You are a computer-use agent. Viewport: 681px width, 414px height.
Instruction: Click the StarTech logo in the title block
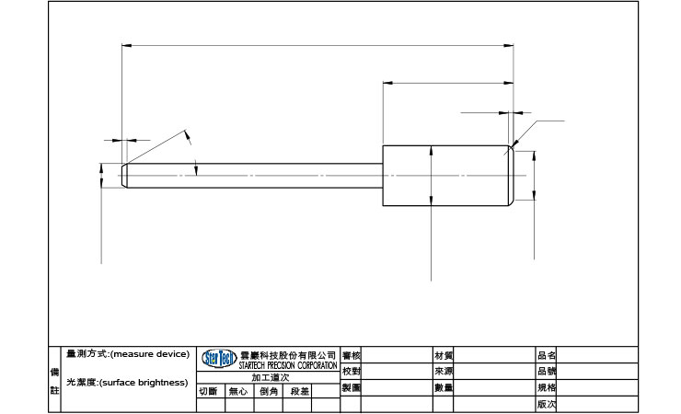[219, 358]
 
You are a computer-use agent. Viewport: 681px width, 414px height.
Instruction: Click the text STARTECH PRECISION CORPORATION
[288, 366]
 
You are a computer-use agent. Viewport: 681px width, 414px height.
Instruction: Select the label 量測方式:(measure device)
[127, 354]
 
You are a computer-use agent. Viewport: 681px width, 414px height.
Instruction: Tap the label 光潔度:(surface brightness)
[127, 382]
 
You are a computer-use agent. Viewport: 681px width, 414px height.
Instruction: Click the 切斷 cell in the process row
[209, 391]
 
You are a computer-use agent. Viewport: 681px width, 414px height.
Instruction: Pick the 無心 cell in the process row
[238, 391]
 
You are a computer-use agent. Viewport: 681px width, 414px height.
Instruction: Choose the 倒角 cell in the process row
[269, 391]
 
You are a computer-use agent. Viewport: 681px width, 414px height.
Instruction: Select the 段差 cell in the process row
[300, 391]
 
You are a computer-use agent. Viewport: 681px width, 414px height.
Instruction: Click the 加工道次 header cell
[269, 378]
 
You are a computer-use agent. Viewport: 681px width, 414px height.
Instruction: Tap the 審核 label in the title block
[351, 355]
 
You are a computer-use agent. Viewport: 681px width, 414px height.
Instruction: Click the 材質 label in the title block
[443, 355]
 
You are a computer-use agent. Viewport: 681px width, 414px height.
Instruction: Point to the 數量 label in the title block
[443, 387]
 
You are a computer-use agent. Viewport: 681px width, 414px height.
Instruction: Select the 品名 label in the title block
[546, 355]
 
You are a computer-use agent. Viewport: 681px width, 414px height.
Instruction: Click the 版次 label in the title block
[546, 404]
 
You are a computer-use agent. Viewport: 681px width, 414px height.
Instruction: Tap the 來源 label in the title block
[443, 371]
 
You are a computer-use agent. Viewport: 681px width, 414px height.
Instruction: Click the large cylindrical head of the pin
[446, 175]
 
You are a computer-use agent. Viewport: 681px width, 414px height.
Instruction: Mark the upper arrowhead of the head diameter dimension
[431, 150]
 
